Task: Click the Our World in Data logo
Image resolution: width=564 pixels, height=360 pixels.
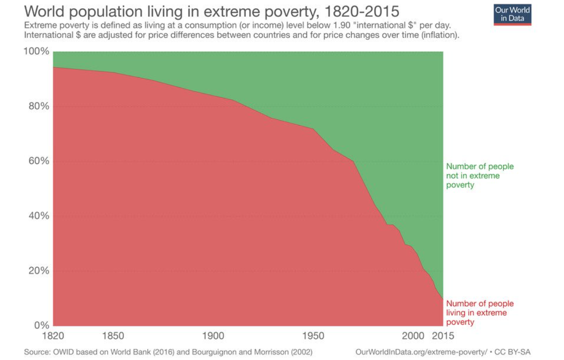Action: [512, 14]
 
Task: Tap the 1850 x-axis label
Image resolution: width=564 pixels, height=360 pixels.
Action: [113, 335]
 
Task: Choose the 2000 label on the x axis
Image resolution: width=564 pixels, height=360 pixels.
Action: [414, 335]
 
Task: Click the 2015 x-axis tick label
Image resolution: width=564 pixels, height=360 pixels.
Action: [443, 335]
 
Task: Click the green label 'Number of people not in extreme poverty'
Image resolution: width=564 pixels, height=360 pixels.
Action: [480, 175]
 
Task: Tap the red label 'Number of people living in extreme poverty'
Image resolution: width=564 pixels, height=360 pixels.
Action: [480, 313]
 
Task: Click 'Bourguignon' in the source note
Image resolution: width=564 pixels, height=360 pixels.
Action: [199, 352]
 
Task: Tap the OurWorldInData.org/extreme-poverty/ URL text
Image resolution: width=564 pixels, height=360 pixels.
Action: [421, 352]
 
